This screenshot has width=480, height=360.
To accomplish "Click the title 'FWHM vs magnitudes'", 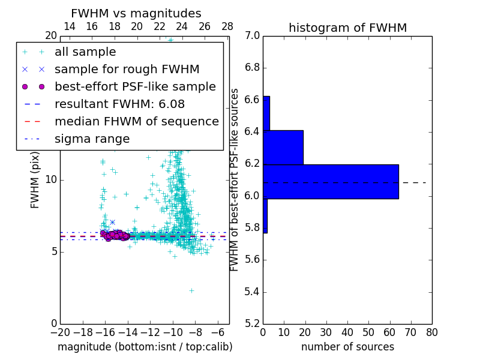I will (136, 13).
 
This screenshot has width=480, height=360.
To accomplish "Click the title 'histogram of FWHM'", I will (347, 28).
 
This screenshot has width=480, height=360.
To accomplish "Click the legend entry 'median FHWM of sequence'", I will (136, 121).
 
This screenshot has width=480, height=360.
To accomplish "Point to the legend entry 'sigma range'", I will (92, 139).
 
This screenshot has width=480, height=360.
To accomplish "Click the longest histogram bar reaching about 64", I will (331, 181).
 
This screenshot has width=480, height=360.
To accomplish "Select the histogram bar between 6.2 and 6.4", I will (283, 147).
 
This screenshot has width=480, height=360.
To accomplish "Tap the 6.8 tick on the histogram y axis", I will (253, 67).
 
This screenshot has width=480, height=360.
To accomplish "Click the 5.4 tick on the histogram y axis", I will (253, 292).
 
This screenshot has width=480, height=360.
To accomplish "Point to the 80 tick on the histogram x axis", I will (432, 331).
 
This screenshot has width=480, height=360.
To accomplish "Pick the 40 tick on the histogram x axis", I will (347, 331).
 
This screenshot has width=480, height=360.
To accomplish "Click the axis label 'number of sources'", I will (347, 347).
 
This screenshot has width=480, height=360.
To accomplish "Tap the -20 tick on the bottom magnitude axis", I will (60, 331).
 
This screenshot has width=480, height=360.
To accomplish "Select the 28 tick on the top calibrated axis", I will (227, 26).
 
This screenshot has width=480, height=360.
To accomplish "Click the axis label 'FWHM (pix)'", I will (35, 179).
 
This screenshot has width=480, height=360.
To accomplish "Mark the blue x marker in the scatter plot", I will (112, 223).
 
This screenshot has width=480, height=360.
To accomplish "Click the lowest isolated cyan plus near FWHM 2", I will (191, 290).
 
